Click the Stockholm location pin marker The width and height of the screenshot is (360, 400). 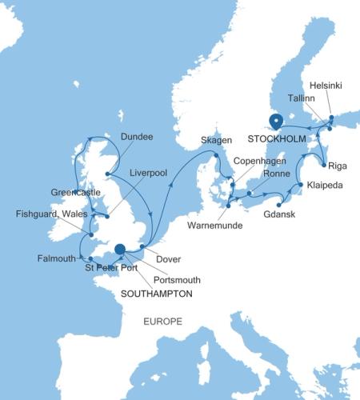tap(276, 121)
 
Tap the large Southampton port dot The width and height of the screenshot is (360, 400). tap(120, 249)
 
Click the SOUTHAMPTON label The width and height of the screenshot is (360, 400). tap(156, 294)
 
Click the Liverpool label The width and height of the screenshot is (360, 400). tap(146, 173)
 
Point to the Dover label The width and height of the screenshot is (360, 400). tap(169, 259)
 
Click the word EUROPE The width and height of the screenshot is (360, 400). tap(162, 322)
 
